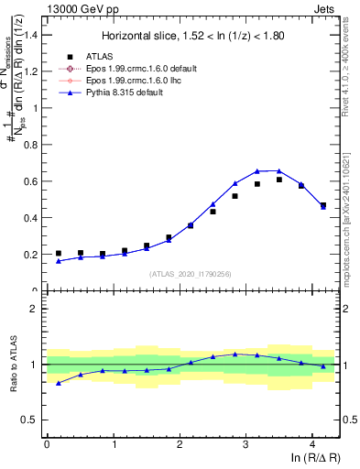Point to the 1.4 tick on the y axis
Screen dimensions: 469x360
[x=33, y=35]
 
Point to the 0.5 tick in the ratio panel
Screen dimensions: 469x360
[x=33, y=420]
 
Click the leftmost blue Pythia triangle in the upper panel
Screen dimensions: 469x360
[x=59, y=261]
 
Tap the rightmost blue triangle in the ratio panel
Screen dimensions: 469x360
[x=323, y=366]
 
